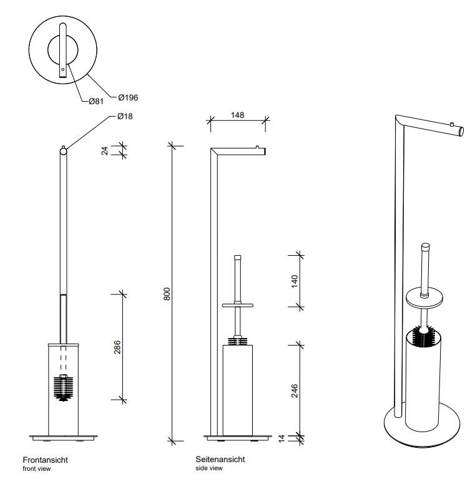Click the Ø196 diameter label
(x=128, y=97)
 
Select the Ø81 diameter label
(x=96, y=101)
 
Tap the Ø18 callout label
(x=125, y=117)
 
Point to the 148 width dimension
(x=237, y=115)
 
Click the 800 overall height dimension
(x=167, y=294)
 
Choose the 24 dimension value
(x=105, y=151)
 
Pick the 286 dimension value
(x=117, y=347)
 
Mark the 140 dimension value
(x=295, y=281)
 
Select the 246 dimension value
(x=295, y=391)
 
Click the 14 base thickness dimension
(x=282, y=438)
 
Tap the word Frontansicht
(x=46, y=460)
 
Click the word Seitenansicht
(x=220, y=459)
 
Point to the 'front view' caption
(x=36, y=468)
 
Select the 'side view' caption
(x=209, y=468)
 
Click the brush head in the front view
(x=63, y=388)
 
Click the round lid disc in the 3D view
(x=424, y=299)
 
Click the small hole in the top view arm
(x=62, y=69)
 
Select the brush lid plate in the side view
(x=238, y=306)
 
